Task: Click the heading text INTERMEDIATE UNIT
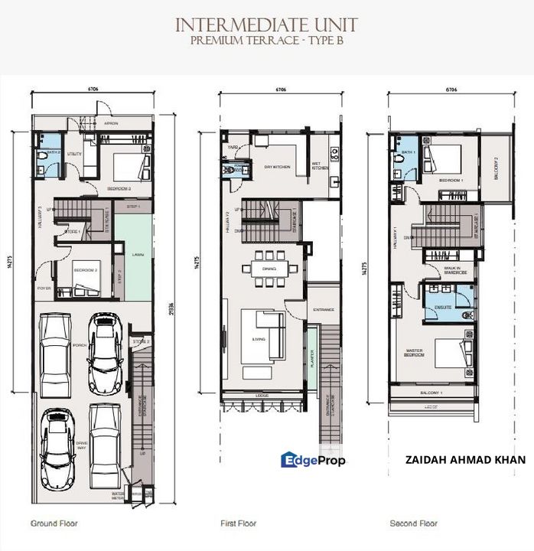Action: [266, 24]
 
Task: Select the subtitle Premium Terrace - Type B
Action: [266, 41]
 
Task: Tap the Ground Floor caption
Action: [54, 523]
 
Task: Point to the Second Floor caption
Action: [414, 523]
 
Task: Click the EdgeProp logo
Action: [313, 460]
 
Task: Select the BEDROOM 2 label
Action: [84, 270]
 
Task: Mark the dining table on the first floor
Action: [267, 269]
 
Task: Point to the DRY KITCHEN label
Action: [275, 167]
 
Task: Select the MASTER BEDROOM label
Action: [414, 354]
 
